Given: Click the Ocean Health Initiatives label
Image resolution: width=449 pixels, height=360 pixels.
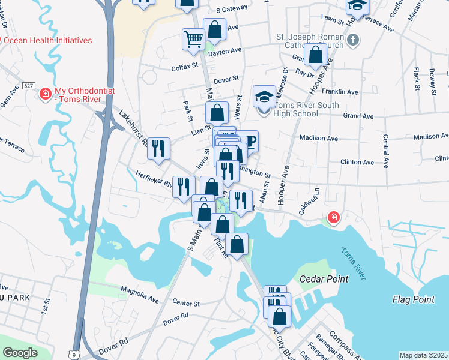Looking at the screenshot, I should (48, 40).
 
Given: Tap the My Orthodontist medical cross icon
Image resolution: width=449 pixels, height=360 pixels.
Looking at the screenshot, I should (44, 94).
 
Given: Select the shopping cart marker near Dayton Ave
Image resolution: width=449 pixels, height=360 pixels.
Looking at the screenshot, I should (193, 40).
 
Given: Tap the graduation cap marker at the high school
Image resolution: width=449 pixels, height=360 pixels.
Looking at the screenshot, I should (264, 96).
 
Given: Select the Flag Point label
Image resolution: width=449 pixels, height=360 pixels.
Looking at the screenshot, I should (414, 299).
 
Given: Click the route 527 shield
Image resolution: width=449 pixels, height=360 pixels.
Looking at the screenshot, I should (28, 86).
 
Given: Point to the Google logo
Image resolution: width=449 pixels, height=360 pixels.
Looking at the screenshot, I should (20, 352).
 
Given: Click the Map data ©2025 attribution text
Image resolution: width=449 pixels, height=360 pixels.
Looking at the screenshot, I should (423, 355).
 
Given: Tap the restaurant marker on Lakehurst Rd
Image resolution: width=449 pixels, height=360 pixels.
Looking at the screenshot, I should (158, 148).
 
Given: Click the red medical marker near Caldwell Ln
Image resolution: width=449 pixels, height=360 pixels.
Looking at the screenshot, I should (332, 217).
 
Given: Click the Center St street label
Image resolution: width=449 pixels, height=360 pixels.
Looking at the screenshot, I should (185, 304).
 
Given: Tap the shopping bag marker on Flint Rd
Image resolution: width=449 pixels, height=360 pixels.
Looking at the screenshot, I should (238, 244).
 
